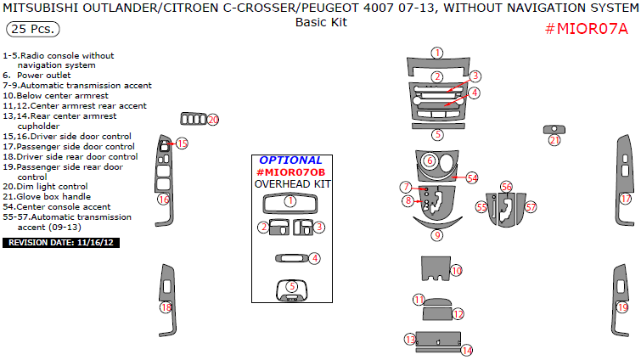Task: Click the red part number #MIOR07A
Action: tap(586, 29)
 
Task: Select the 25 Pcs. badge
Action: tap(33, 30)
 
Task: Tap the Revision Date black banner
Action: tap(61, 243)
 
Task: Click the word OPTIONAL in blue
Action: tap(290, 160)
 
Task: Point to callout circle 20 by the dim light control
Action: tap(213, 120)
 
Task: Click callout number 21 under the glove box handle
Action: tap(554, 141)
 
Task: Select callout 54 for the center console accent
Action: tap(472, 178)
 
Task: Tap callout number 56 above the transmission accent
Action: tap(507, 187)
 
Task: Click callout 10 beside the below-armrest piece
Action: tap(456, 271)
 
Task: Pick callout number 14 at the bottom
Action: tap(467, 350)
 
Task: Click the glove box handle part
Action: tap(554, 130)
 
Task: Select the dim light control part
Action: tap(194, 119)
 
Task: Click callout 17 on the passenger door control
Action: tap(626, 199)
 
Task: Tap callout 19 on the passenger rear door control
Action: tap(622, 307)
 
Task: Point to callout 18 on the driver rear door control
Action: tap(166, 307)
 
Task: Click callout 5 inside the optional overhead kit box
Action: tap(292, 286)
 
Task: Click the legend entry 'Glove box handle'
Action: tap(47, 196)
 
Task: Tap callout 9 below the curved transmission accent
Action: tap(437, 235)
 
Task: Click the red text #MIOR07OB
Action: tap(290, 172)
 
